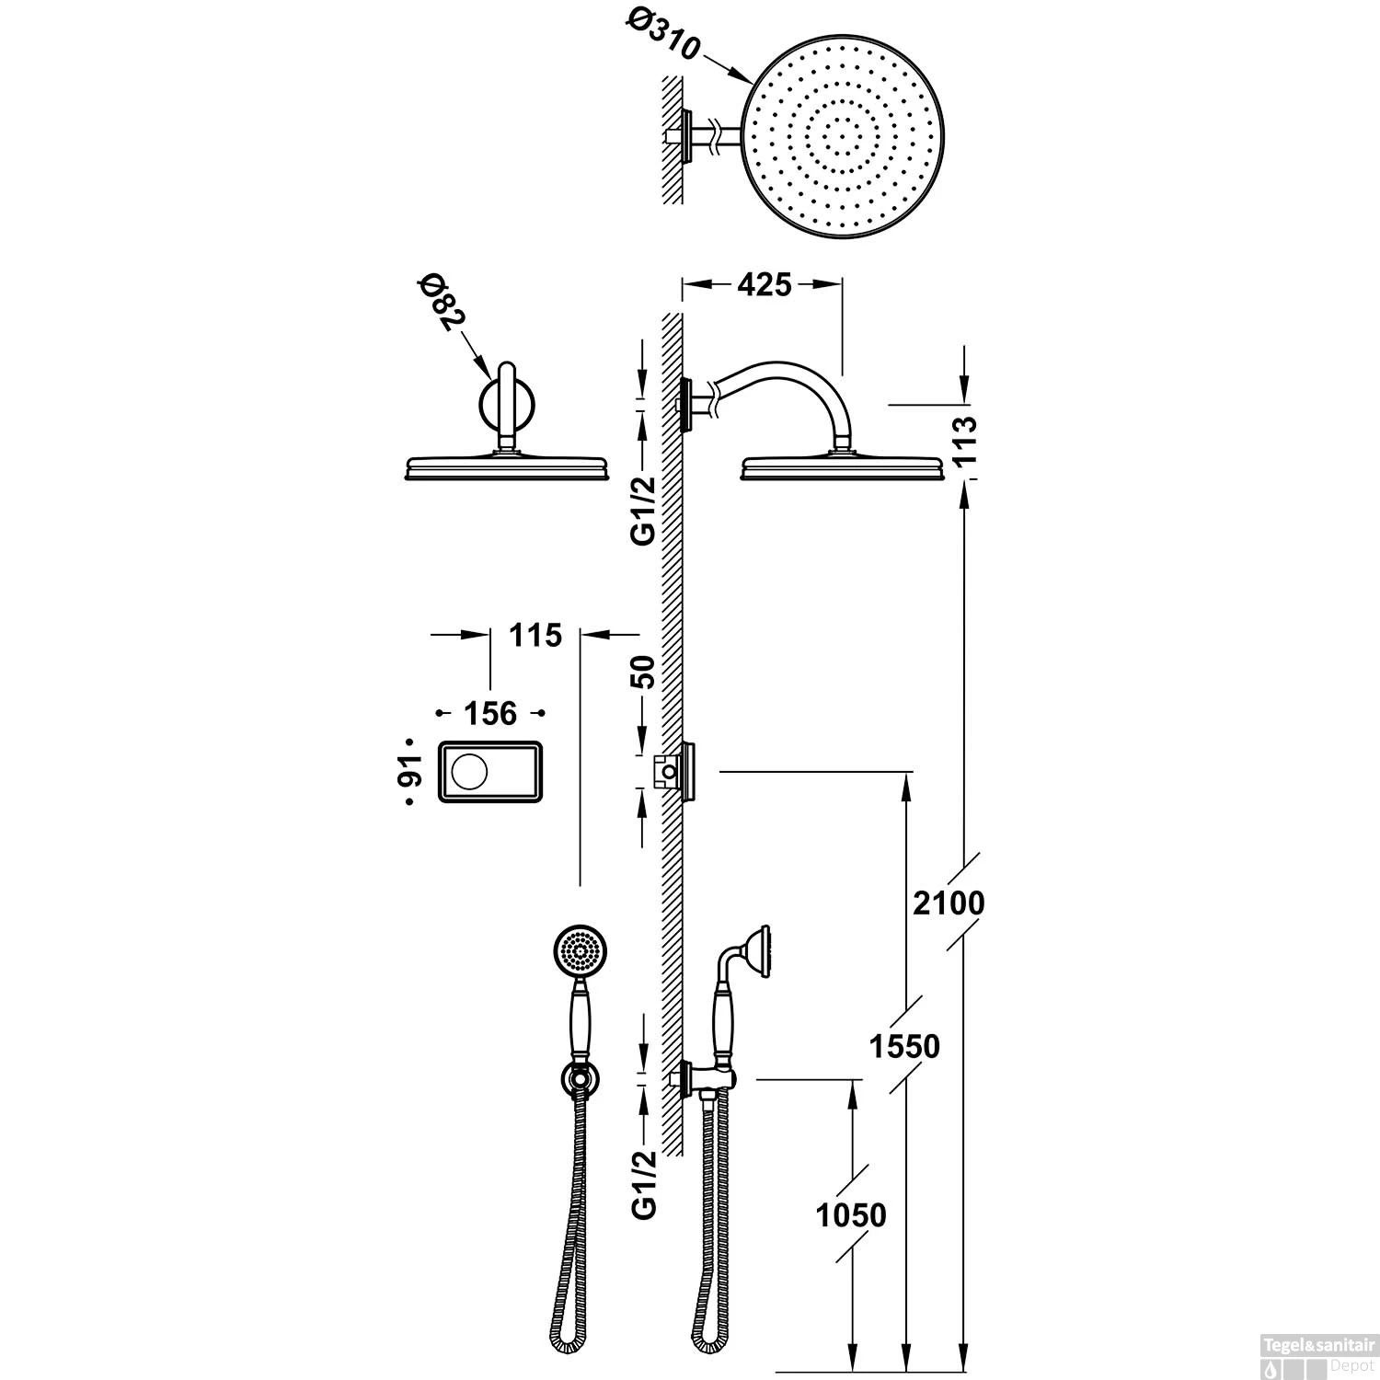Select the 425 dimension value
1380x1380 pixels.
764,285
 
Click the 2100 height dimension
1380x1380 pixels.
949,903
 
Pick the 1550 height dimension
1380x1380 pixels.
905,1046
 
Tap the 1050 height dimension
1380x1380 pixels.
851,1214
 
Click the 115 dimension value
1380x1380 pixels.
535,634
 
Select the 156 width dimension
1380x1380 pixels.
489,713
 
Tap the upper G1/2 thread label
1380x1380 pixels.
645,510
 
